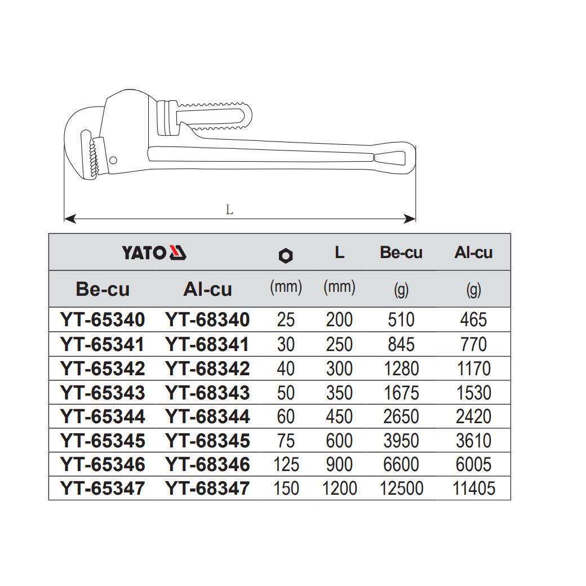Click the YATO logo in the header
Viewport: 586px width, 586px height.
[x=154, y=252]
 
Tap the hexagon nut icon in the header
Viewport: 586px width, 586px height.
[x=286, y=256]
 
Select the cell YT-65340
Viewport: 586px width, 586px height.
[x=103, y=320]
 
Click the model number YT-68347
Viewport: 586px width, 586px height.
[x=207, y=488]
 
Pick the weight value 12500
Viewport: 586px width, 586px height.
[x=401, y=488]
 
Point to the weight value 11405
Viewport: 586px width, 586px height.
[x=474, y=488]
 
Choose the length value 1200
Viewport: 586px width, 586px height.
[x=339, y=488]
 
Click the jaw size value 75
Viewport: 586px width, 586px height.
[x=286, y=440]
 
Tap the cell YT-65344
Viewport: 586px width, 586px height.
[x=103, y=416]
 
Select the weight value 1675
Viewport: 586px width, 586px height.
[x=401, y=392]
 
